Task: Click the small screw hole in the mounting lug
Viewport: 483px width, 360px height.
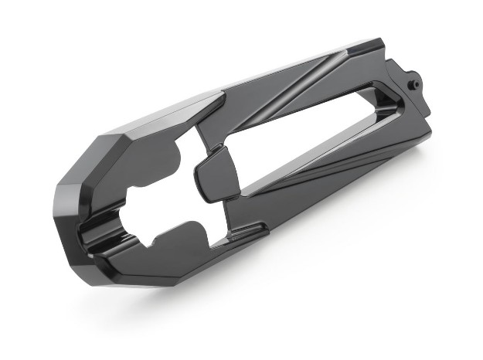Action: coord(412,80)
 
